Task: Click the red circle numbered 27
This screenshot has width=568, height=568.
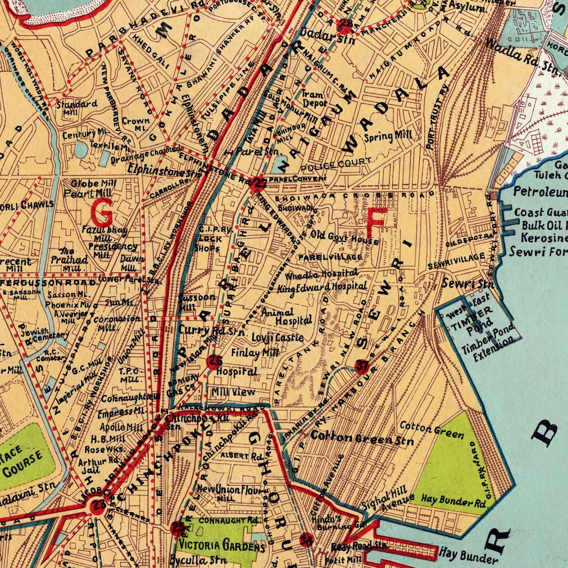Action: point(258,184)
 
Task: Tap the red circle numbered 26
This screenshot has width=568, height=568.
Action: point(214,361)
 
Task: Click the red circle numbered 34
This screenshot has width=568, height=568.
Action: point(306,539)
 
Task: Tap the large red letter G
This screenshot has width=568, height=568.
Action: point(102,211)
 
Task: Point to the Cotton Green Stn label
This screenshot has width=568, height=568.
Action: point(362,438)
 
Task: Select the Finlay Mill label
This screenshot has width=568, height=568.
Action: point(255,353)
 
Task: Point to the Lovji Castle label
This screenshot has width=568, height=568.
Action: point(278,337)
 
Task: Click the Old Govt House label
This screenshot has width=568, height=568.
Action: point(345,237)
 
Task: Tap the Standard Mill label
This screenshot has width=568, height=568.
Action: point(76,108)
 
